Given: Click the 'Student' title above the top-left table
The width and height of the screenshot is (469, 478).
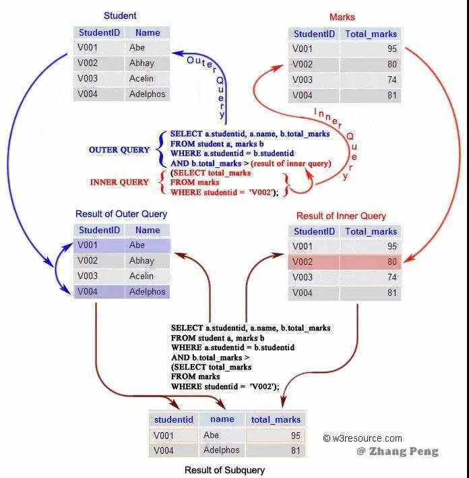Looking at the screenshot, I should (120, 16).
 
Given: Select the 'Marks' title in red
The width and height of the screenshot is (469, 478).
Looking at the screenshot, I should (342, 17).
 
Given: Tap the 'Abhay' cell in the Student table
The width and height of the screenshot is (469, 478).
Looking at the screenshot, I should (142, 63).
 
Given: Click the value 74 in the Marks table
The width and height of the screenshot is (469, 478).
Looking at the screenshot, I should (392, 80).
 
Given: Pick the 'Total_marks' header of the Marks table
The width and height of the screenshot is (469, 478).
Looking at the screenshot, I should (371, 34).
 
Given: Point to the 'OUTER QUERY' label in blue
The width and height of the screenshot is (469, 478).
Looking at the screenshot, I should (119, 150).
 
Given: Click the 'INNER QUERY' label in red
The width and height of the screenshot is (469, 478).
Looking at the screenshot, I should (119, 182).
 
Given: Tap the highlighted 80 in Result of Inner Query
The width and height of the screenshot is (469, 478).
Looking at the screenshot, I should (392, 262).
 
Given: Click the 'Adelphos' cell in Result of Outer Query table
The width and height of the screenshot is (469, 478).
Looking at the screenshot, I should (147, 292).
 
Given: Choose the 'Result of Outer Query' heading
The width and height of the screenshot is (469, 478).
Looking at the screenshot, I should (121, 214).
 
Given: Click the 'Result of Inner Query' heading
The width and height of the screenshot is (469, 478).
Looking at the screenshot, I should (342, 216).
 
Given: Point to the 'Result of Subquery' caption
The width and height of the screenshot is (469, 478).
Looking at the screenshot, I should (224, 470).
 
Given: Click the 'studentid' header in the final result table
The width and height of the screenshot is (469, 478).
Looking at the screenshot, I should (173, 419).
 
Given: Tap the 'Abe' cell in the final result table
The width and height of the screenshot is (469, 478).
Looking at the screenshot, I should (211, 436).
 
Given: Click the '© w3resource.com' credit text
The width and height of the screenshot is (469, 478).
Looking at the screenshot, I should (363, 438).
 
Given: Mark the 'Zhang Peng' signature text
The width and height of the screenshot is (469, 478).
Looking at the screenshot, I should (398, 451).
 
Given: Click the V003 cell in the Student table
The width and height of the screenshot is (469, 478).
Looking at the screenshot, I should (88, 79).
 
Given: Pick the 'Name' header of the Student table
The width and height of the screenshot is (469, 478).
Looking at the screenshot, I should (148, 32).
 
